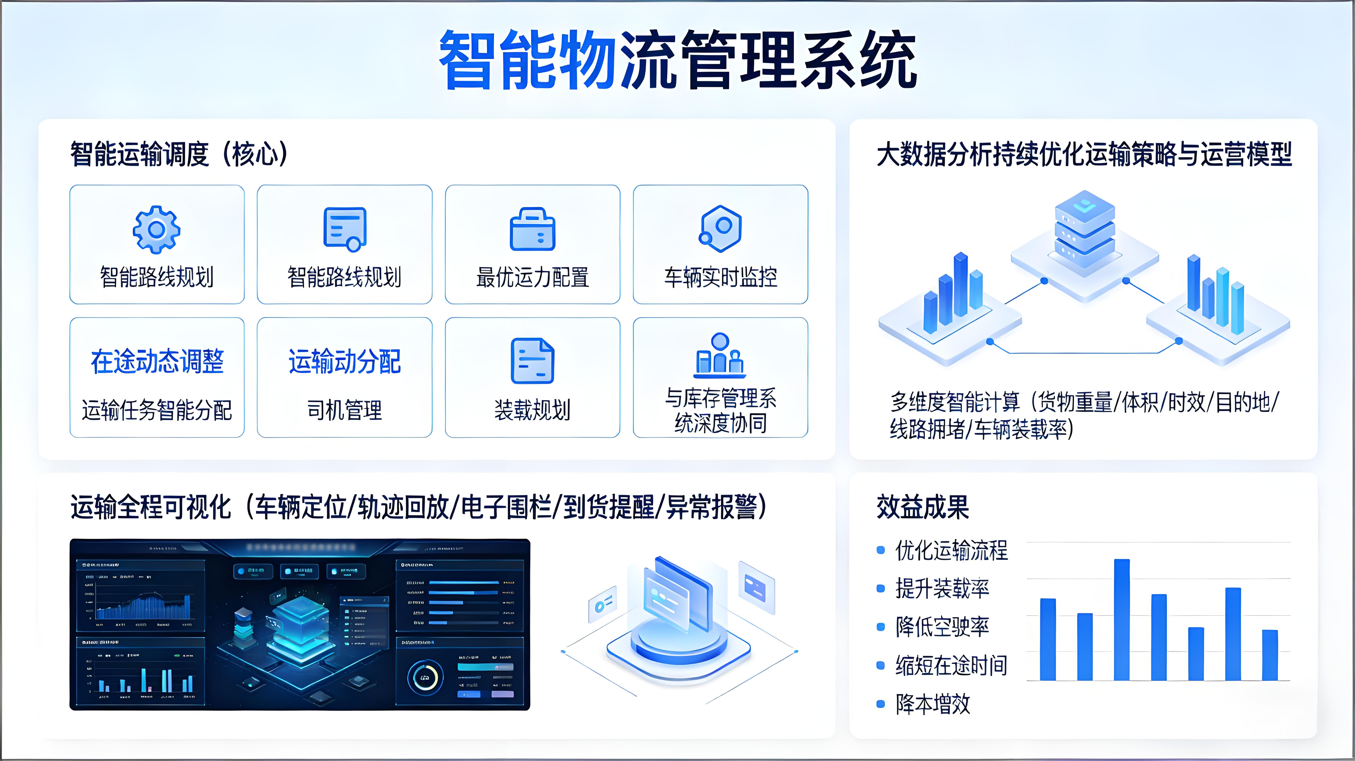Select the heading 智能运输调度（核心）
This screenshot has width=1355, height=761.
[179, 154]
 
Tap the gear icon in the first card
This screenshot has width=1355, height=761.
[156, 229]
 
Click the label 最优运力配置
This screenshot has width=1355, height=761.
[532, 277]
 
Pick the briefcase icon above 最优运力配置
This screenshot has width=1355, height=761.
[532, 229]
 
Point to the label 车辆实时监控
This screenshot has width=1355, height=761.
[720, 277]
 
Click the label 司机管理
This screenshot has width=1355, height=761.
[344, 410]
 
